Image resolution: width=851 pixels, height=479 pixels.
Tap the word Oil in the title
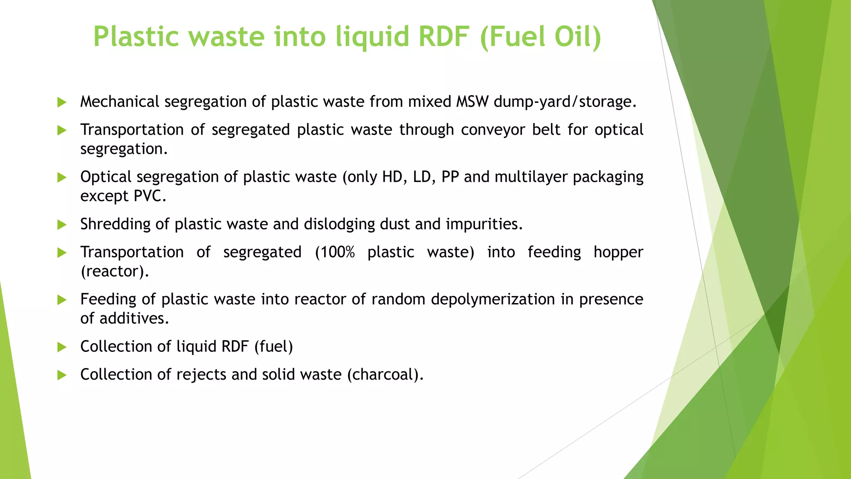tap(577, 37)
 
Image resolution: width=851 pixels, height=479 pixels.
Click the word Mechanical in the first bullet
tap(120, 102)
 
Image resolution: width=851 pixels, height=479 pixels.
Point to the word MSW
tap(472, 102)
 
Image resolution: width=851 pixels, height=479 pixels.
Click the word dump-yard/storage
tap(565, 102)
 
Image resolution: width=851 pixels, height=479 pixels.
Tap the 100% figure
tap(335, 252)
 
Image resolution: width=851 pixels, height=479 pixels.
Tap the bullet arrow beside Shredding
tap(62, 225)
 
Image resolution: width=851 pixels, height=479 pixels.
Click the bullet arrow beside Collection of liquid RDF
tap(62, 347)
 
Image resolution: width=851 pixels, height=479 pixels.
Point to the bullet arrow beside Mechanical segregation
tap(62, 102)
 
